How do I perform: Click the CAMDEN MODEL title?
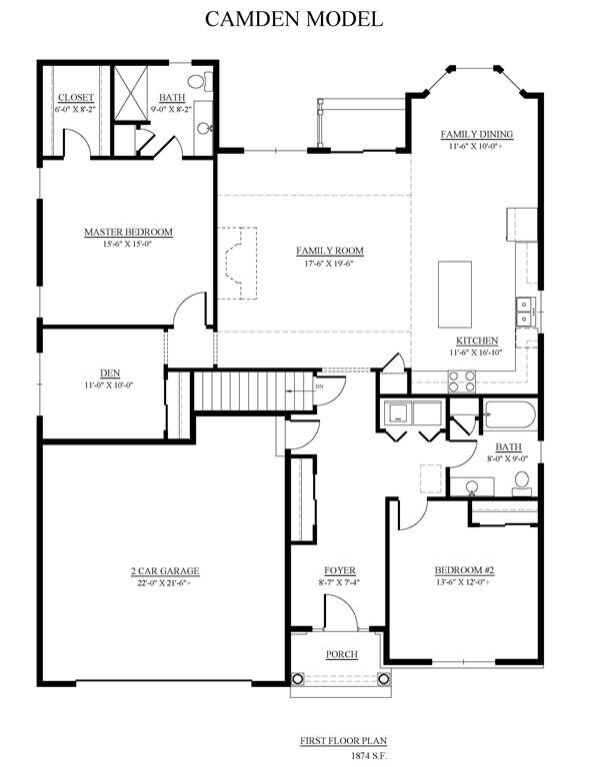294,19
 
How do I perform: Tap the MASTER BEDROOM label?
128,232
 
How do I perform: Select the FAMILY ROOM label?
330,251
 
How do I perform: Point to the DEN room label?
110,374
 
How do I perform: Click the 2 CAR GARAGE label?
165,571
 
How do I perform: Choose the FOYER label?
340,571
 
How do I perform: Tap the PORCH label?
342,654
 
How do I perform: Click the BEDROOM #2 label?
464,570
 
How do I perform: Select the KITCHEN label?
477,341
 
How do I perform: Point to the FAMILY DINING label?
476,134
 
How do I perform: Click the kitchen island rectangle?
455,295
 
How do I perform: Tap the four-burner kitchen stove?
462,382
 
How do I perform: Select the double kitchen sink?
525,312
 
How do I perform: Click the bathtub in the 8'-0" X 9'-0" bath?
510,415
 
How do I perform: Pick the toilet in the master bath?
201,81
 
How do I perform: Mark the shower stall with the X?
131,93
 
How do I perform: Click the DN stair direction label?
319,386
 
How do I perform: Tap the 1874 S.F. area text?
369,756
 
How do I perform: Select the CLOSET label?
75,98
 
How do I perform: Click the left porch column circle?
298,679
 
